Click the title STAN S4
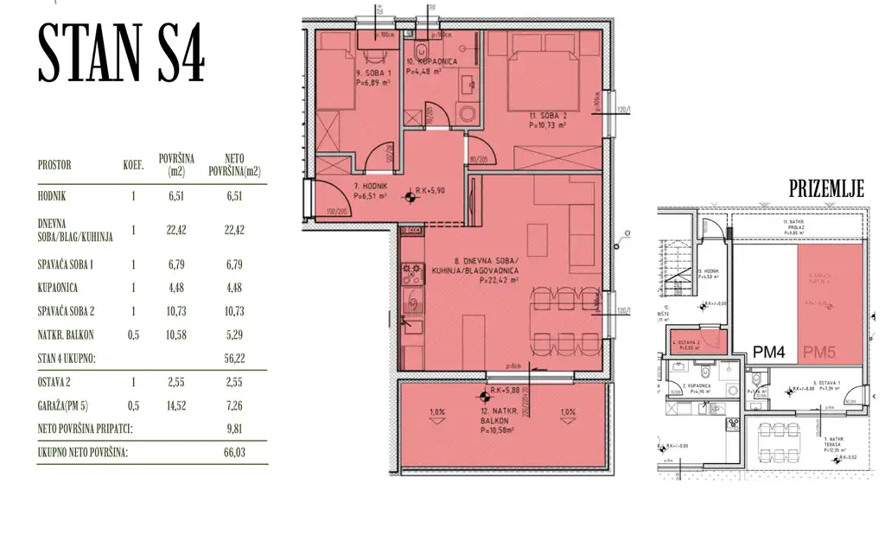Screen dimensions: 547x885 pos(121,55)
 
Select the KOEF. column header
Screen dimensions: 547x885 pos(132,165)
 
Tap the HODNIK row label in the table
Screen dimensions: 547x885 pos(53,197)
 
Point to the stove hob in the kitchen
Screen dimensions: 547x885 pos(411,274)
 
